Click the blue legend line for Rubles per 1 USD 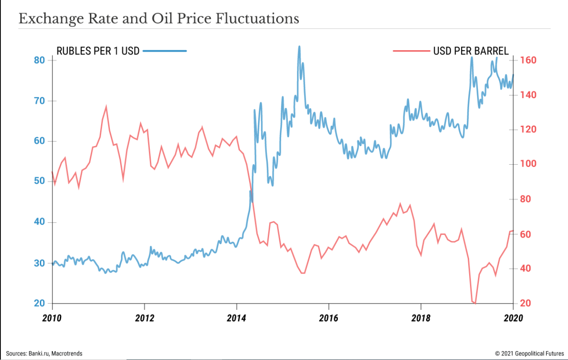click(x=165, y=51)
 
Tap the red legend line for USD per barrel click(x=411, y=51)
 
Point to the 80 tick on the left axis click(x=39, y=60)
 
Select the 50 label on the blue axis click(x=39, y=181)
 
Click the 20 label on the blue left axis click(x=39, y=303)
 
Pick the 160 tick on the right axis click(x=528, y=60)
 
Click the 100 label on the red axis click(x=528, y=164)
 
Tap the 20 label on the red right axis click(x=526, y=303)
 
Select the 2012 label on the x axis click(x=144, y=318)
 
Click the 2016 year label click(x=329, y=318)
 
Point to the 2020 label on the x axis click(x=513, y=318)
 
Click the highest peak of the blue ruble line click(x=299, y=47)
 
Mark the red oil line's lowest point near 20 click(x=475, y=303)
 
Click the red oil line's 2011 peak click(x=106, y=107)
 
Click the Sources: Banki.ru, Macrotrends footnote click(x=44, y=354)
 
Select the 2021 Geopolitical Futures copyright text click(x=529, y=354)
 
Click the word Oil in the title click(x=162, y=19)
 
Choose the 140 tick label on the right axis click(x=528, y=95)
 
